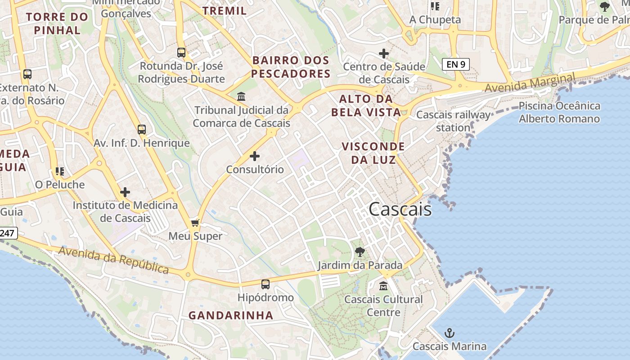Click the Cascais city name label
point(400,209)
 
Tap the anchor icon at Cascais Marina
point(449,333)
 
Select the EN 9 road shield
point(456,64)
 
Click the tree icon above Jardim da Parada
point(360,252)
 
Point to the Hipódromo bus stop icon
point(265,284)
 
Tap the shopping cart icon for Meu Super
point(195,223)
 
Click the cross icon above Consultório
point(255,156)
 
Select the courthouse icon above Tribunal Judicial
point(241,97)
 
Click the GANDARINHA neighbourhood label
point(231,315)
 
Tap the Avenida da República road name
point(113,260)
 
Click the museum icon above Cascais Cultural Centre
point(383,286)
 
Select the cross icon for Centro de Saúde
point(383,54)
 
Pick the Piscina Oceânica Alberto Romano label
point(559,112)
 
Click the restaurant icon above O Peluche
point(59,171)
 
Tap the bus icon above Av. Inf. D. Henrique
point(142,130)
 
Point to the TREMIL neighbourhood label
point(225,11)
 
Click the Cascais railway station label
point(453,121)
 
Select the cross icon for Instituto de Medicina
point(125,192)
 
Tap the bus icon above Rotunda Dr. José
point(181,53)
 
